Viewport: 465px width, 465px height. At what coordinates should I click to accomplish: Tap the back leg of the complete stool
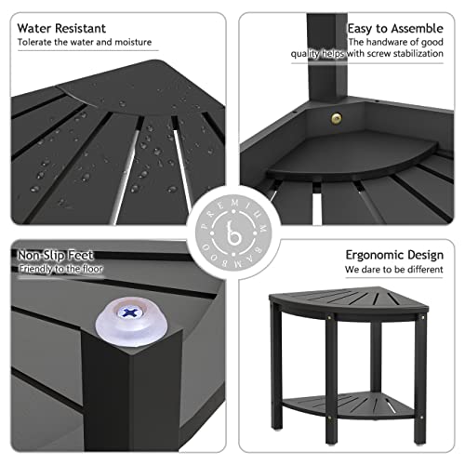(376, 358)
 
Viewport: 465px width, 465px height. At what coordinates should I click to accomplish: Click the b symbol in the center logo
(232, 232)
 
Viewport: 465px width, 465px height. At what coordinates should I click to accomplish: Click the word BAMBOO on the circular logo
(232, 267)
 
